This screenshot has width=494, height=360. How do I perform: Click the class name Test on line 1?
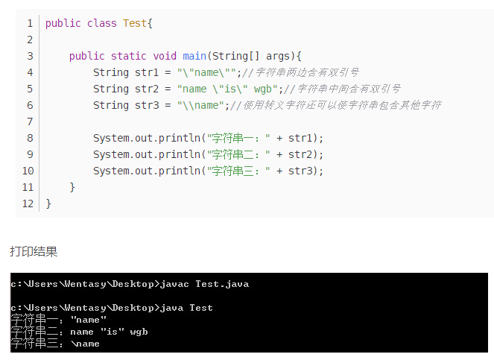point(135,23)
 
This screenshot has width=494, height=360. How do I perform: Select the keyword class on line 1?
point(102,23)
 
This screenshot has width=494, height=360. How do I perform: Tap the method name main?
point(194,56)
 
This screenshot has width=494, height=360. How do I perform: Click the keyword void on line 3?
point(165,56)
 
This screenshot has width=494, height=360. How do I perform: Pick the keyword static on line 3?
point(129,56)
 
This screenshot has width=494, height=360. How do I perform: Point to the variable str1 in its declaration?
point(147,72)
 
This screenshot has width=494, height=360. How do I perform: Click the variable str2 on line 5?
point(147,89)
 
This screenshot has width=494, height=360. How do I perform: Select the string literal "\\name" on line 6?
point(200,105)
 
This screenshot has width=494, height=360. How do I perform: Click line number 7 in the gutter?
point(30,121)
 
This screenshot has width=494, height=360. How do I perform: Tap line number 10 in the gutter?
point(28,171)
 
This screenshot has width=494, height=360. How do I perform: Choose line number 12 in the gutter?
point(28,203)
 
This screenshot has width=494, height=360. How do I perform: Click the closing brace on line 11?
point(72,187)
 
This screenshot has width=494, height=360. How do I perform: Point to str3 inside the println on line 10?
point(300,171)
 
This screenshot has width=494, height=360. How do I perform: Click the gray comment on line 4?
point(300,72)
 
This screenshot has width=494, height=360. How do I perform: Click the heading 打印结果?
point(34,252)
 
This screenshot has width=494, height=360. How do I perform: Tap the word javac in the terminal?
point(174,284)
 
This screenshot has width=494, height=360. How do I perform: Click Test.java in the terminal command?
point(222,284)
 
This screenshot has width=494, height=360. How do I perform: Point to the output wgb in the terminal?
point(139,332)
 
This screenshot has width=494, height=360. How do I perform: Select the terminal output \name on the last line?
point(85,344)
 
